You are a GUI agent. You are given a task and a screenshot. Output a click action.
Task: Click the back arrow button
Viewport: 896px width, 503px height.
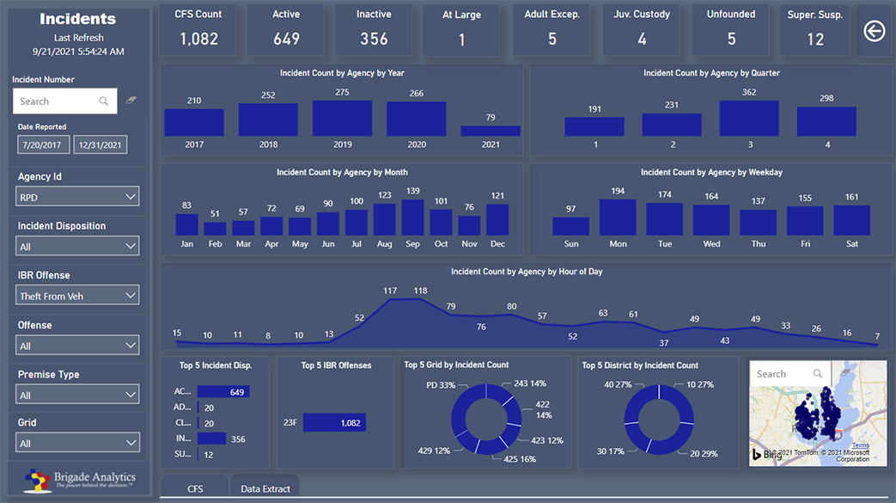click(x=875, y=31)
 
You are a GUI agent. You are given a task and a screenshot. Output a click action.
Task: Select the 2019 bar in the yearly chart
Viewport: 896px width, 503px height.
click(x=342, y=119)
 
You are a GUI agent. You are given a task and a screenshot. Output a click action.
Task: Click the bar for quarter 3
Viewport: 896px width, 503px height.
click(x=749, y=119)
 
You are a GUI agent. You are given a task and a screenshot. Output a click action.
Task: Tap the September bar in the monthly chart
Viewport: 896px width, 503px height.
click(x=413, y=218)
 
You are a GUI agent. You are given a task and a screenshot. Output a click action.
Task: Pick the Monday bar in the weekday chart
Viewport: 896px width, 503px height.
click(x=618, y=218)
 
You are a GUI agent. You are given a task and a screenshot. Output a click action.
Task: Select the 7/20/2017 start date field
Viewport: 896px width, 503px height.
click(x=41, y=144)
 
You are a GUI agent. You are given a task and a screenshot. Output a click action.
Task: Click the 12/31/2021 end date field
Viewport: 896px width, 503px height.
click(x=100, y=144)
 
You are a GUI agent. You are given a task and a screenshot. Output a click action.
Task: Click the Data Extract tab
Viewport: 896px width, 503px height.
click(x=265, y=488)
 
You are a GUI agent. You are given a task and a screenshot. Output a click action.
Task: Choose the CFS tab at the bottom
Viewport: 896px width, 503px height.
click(x=195, y=488)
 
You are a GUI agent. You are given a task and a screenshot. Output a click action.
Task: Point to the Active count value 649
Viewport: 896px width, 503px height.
click(x=286, y=39)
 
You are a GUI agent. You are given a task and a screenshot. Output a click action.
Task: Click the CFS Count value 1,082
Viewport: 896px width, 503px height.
click(x=198, y=39)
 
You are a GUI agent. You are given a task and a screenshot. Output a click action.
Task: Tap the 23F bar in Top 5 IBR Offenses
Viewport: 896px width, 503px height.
click(x=334, y=422)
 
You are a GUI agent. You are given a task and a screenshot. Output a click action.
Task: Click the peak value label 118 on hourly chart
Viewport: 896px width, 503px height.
click(x=420, y=291)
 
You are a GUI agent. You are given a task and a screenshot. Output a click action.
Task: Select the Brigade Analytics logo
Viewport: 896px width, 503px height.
click(x=72, y=478)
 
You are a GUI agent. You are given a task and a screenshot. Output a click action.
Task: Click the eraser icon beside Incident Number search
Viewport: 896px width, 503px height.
click(x=131, y=101)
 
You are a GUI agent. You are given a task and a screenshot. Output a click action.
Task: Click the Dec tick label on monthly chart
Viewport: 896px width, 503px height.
click(x=497, y=244)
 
